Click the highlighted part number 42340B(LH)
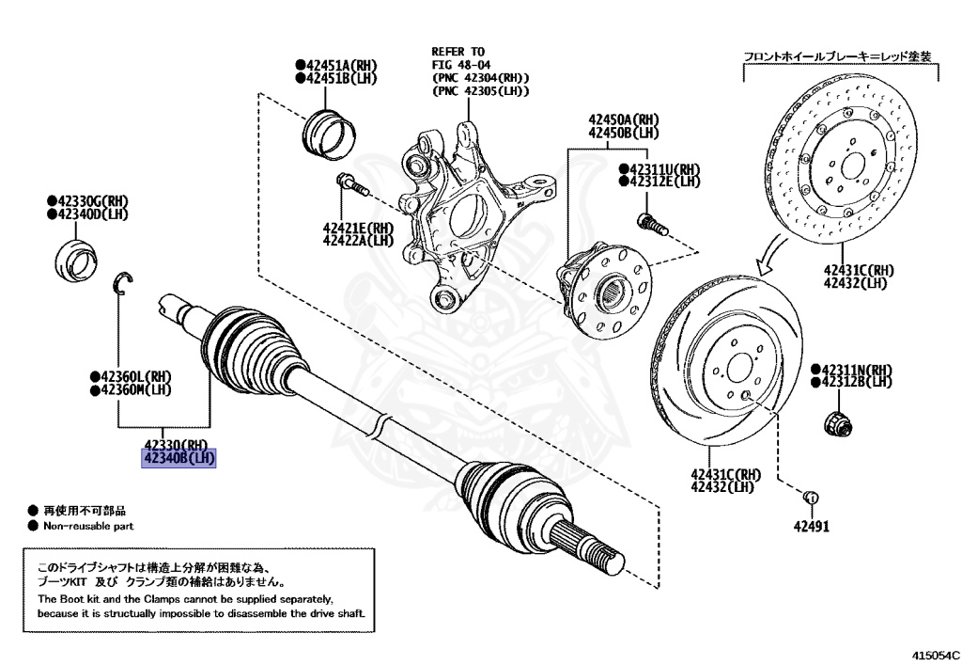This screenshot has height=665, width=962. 178,458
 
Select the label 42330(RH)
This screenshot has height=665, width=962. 176,444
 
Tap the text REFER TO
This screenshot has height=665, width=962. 458,52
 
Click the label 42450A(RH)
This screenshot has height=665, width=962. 624,120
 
